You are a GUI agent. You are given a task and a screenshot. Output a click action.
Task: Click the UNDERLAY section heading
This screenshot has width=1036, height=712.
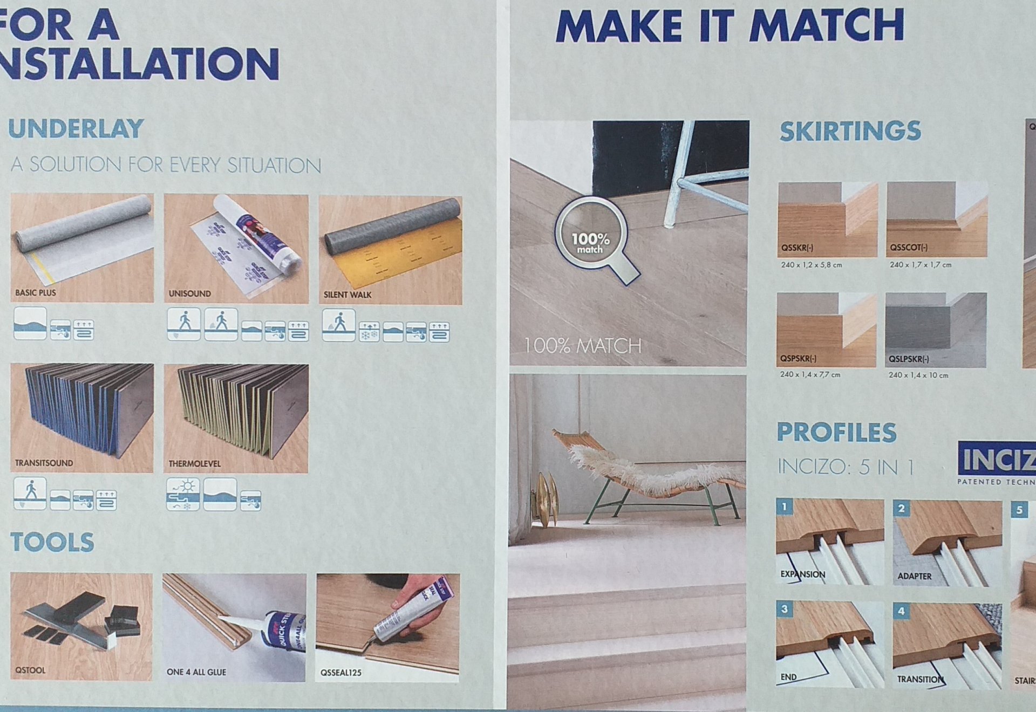(76, 129)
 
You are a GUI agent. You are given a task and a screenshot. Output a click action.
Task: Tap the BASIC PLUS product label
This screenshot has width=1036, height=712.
(36, 293)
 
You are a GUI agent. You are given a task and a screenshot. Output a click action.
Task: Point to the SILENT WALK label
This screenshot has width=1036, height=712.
(347, 295)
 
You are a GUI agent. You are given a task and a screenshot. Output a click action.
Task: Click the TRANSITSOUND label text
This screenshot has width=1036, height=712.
(44, 463)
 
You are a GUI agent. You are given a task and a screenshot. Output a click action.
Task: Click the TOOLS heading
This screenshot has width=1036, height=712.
(52, 542)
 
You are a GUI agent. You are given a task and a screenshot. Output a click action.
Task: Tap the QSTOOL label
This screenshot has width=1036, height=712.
(30, 670)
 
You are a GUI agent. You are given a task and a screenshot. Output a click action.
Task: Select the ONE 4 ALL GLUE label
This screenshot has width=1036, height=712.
(196, 672)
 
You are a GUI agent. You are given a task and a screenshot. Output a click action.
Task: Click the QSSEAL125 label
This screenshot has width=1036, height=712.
(341, 673)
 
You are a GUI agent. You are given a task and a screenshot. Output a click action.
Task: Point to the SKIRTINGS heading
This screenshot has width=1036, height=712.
(850, 131)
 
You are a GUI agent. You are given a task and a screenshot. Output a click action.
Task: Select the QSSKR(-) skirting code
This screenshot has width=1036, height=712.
(798, 248)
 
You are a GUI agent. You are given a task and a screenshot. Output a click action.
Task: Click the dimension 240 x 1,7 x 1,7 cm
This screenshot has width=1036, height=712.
(921, 265)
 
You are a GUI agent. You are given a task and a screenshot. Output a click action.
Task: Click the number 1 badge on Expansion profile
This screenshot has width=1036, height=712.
(785, 506)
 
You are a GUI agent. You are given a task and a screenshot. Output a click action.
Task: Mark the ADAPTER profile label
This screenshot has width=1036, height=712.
(915, 576)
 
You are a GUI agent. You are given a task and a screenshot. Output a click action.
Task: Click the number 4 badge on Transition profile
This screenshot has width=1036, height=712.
(901, 610)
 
